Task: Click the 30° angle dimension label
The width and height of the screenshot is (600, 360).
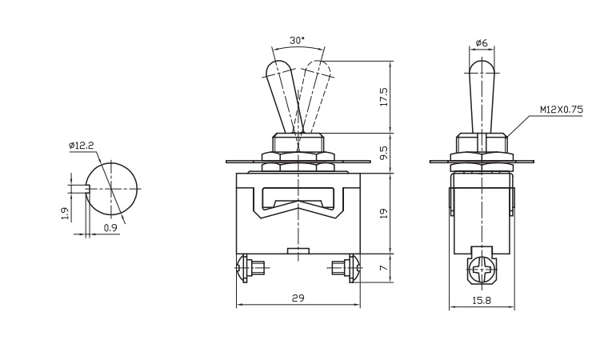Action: (297, 40)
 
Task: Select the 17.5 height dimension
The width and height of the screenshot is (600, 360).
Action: (384, 97)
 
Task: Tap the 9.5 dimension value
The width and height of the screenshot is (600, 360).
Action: (384, 153)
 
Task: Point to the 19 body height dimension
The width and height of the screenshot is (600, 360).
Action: (384, 213)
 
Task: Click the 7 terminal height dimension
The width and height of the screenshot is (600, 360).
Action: (385, 268)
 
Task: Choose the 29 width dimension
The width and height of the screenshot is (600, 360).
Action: (298, 298)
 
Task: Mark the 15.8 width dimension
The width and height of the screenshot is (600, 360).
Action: (482, 300)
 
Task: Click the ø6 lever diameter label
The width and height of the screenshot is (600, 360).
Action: (482, 43)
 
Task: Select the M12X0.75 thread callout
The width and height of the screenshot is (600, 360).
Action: (562, 110)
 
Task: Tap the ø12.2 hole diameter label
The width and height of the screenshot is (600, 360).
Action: (81, 145)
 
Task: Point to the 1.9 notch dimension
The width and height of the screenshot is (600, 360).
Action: (65, 214)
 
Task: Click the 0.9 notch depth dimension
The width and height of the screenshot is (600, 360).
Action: (110, 228)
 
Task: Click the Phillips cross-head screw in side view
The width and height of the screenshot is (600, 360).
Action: (483, 270)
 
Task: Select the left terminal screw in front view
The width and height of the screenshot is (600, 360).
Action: (251, 268)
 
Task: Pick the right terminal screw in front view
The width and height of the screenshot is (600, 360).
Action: (346, 268)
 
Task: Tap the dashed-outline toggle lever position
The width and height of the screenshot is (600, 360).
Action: (313, 96)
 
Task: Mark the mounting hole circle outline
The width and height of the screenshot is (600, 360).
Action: (111, 189)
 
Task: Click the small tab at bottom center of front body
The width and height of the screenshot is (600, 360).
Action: (298, 250)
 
